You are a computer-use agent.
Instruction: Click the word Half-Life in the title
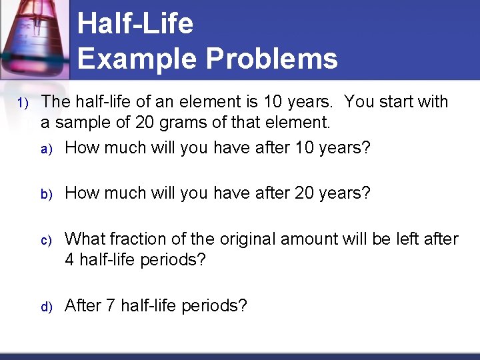135,25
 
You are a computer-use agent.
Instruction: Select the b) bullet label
46,194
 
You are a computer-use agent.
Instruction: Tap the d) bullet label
46,307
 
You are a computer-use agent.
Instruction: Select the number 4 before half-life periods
70,259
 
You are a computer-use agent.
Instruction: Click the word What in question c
85,239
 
